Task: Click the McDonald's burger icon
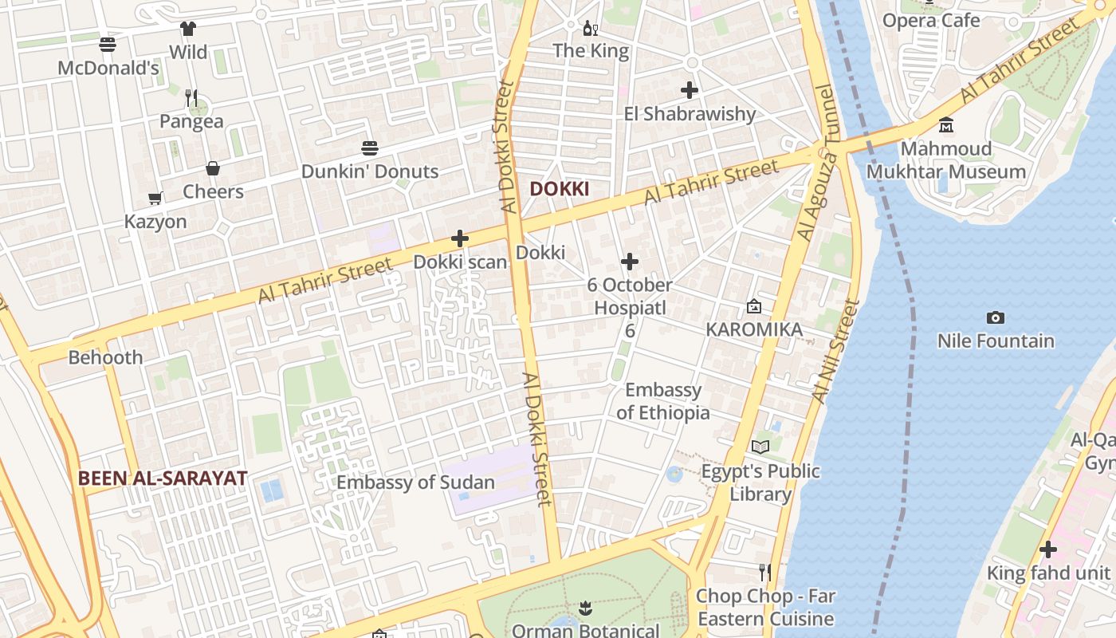click(108, 44)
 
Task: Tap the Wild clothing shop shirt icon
click(187, 30)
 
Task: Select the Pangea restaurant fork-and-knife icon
click(191, 98)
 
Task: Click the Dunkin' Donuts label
click(369, 171)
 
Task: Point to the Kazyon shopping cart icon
click(155, 198)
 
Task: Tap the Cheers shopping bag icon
click(213, 168)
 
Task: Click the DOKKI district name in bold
click(560, 189)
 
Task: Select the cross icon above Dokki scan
click(460, 238)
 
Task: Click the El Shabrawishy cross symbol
click(690, 90)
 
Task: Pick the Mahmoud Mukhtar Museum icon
click(946, 125)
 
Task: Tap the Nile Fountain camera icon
click(995, 318)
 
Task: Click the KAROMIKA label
click(754, 329)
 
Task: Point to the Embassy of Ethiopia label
click(663, 401)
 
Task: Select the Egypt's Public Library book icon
click(760, 447)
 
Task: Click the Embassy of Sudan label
click(415, 482)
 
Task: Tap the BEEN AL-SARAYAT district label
click(163, 478)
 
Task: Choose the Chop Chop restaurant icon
click(765, 572)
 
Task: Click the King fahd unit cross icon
click(1048, 549)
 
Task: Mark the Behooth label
click(105, 357)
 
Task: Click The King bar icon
click(590, 29)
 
